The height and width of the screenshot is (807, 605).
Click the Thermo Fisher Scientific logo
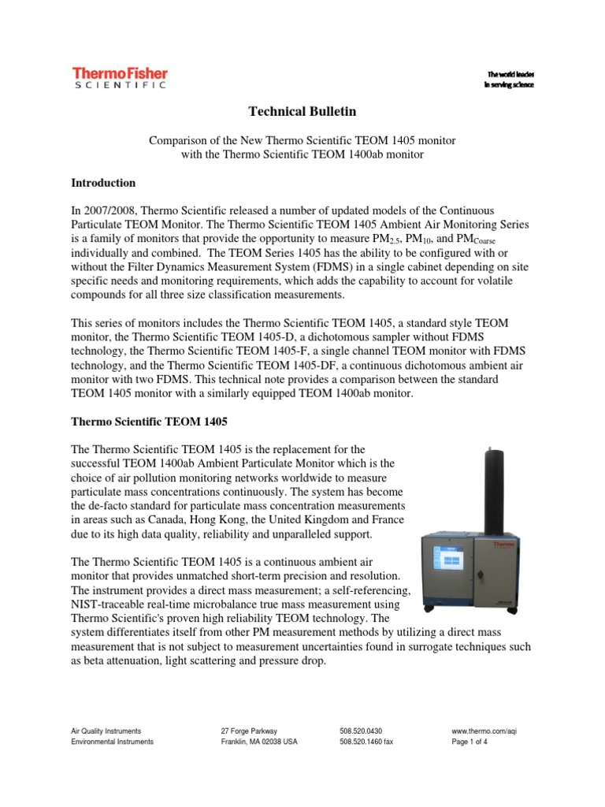tap(120, 78)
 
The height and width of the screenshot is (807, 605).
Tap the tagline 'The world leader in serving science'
tap(508, 79)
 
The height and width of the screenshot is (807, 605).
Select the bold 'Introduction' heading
tap(103, 183)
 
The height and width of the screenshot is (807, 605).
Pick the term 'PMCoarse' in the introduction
tap(498, 240)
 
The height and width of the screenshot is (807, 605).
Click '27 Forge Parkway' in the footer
tap(249, 731)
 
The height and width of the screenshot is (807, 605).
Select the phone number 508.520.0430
tap(361, 731)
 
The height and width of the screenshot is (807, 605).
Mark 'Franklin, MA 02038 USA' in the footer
tap(259, 742)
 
